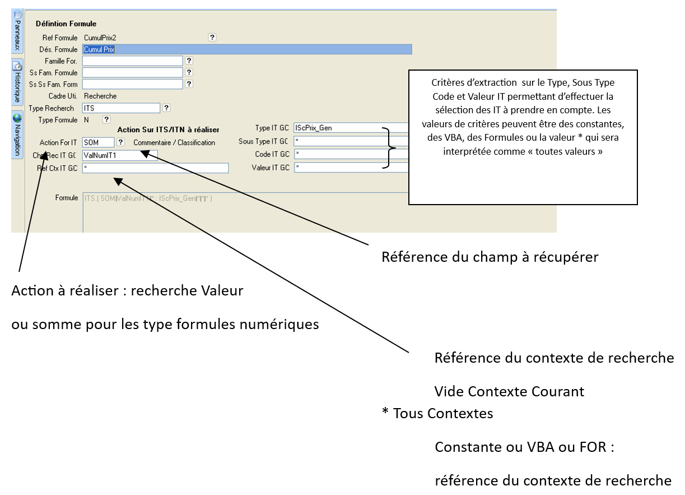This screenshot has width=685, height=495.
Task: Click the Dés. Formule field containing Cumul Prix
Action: (x=246, y=49)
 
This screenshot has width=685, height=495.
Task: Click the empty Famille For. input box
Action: (x=133, y=61)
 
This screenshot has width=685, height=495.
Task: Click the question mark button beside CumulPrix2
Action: (x=212, y=38)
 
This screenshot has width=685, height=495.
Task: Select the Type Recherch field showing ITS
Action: (x=121, y=108)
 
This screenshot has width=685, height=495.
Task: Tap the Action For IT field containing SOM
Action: (x=98, y=142)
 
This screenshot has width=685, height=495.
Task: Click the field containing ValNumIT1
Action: (x=120, y=154)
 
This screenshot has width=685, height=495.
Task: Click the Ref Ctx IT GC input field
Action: (x=155, y=168)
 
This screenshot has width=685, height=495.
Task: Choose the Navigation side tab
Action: (x=17, y=135)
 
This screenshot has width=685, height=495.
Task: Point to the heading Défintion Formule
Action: (x=66, y=24)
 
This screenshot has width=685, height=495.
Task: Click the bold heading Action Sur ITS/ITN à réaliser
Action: (x=168, y=130)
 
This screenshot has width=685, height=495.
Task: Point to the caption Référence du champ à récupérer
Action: (x=490, y=257)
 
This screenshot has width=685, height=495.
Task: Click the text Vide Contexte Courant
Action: (x=509, y=391)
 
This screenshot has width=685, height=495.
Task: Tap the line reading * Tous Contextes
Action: (x=437, y=414)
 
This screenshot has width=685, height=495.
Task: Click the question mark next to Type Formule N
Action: (x=106, y=119)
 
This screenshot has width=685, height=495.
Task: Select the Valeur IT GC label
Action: (x=271, y=167)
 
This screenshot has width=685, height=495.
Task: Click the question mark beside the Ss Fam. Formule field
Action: (x=189, y=72)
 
